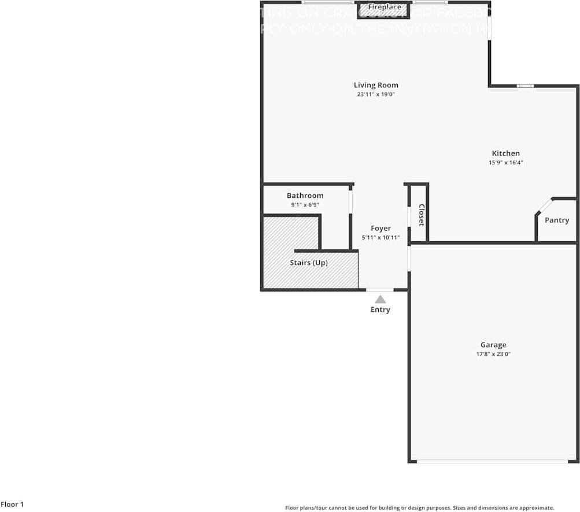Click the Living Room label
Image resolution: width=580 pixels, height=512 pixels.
[x=376, y=85]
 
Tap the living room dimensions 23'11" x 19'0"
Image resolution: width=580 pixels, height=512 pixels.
[x=376, y=94]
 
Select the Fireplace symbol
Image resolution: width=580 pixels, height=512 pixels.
[x=383, y=10]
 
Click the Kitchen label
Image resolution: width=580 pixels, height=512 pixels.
[x=505, y=153]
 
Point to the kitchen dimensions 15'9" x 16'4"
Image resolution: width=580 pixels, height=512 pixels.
[x=505, y=163]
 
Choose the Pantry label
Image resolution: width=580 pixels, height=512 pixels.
[x=557, y=220]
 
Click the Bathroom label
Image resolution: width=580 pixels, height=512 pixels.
[x=305, y=196]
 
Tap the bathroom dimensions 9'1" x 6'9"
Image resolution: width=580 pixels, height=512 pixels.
[x=305, y=205]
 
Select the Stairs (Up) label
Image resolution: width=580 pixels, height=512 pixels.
[x=309, y=263]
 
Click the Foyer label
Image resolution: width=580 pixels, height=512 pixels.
[x=380, y=229]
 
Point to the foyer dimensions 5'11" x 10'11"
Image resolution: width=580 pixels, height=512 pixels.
[x=380, y=238]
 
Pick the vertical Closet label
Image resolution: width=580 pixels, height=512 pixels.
[x=421, y=215]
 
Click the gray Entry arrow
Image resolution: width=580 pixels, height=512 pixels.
[x=380, y=299]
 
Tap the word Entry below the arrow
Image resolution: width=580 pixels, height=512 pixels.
[x=380, y=310]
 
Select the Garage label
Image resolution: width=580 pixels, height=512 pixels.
[x=493, y=345]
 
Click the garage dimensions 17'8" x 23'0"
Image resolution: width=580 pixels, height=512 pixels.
[x=493, y=354]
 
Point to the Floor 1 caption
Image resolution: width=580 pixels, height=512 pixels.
[x=12, y=504]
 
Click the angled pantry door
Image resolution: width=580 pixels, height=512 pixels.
[x=544, y=207]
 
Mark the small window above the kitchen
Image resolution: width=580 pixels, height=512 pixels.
[x=525, y=86]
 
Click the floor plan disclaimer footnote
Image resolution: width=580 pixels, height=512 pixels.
[x=419, y=507]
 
